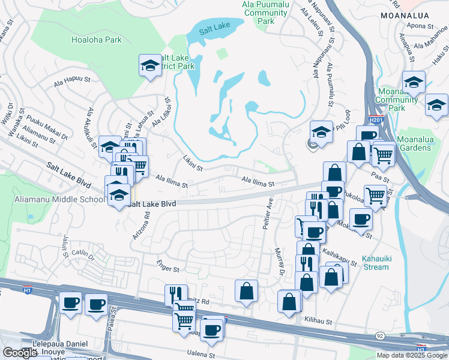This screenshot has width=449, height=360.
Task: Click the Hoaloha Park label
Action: pyautogui.click(x=96, y=40)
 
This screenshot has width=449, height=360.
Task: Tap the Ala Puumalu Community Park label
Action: pyautogui.click(x=265, y=12)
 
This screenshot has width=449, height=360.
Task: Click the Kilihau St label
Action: pyautogui.click(x=318, y=322)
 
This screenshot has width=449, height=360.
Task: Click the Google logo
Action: pyautogui.click(x=20, y=353)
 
